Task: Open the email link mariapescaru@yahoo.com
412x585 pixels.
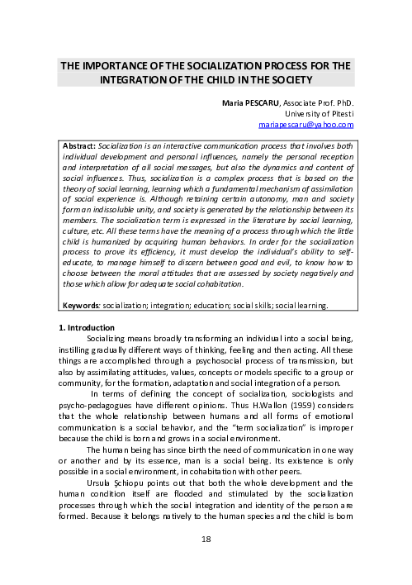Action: click(306, 126)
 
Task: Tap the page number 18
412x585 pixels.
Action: click(206, 562)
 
